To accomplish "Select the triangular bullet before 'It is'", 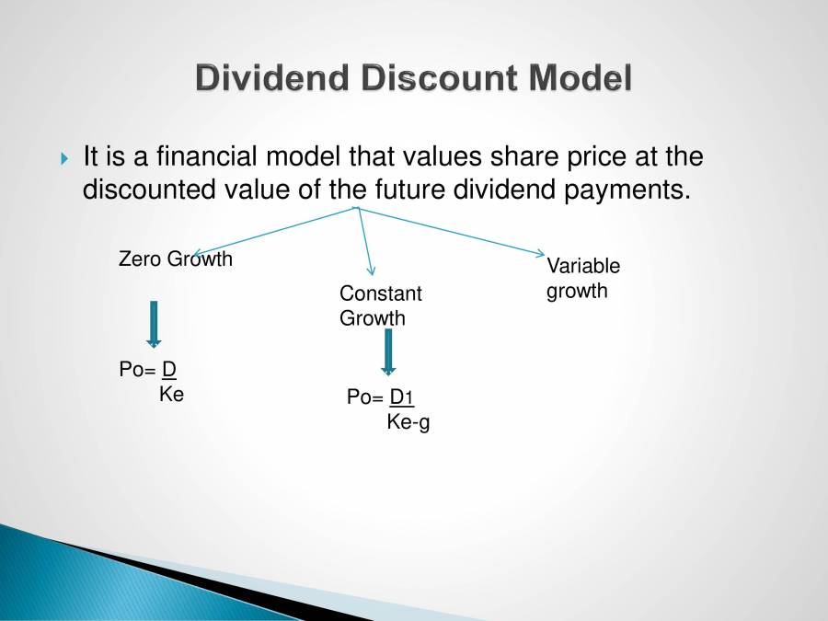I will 63,159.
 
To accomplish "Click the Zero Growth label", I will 176,259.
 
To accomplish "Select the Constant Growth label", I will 380,305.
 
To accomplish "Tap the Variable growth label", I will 582,278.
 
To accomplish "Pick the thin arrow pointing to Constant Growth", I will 364,241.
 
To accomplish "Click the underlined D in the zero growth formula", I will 168,370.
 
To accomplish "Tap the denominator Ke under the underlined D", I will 171,395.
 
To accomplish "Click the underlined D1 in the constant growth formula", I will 402,397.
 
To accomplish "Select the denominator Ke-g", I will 408,422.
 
